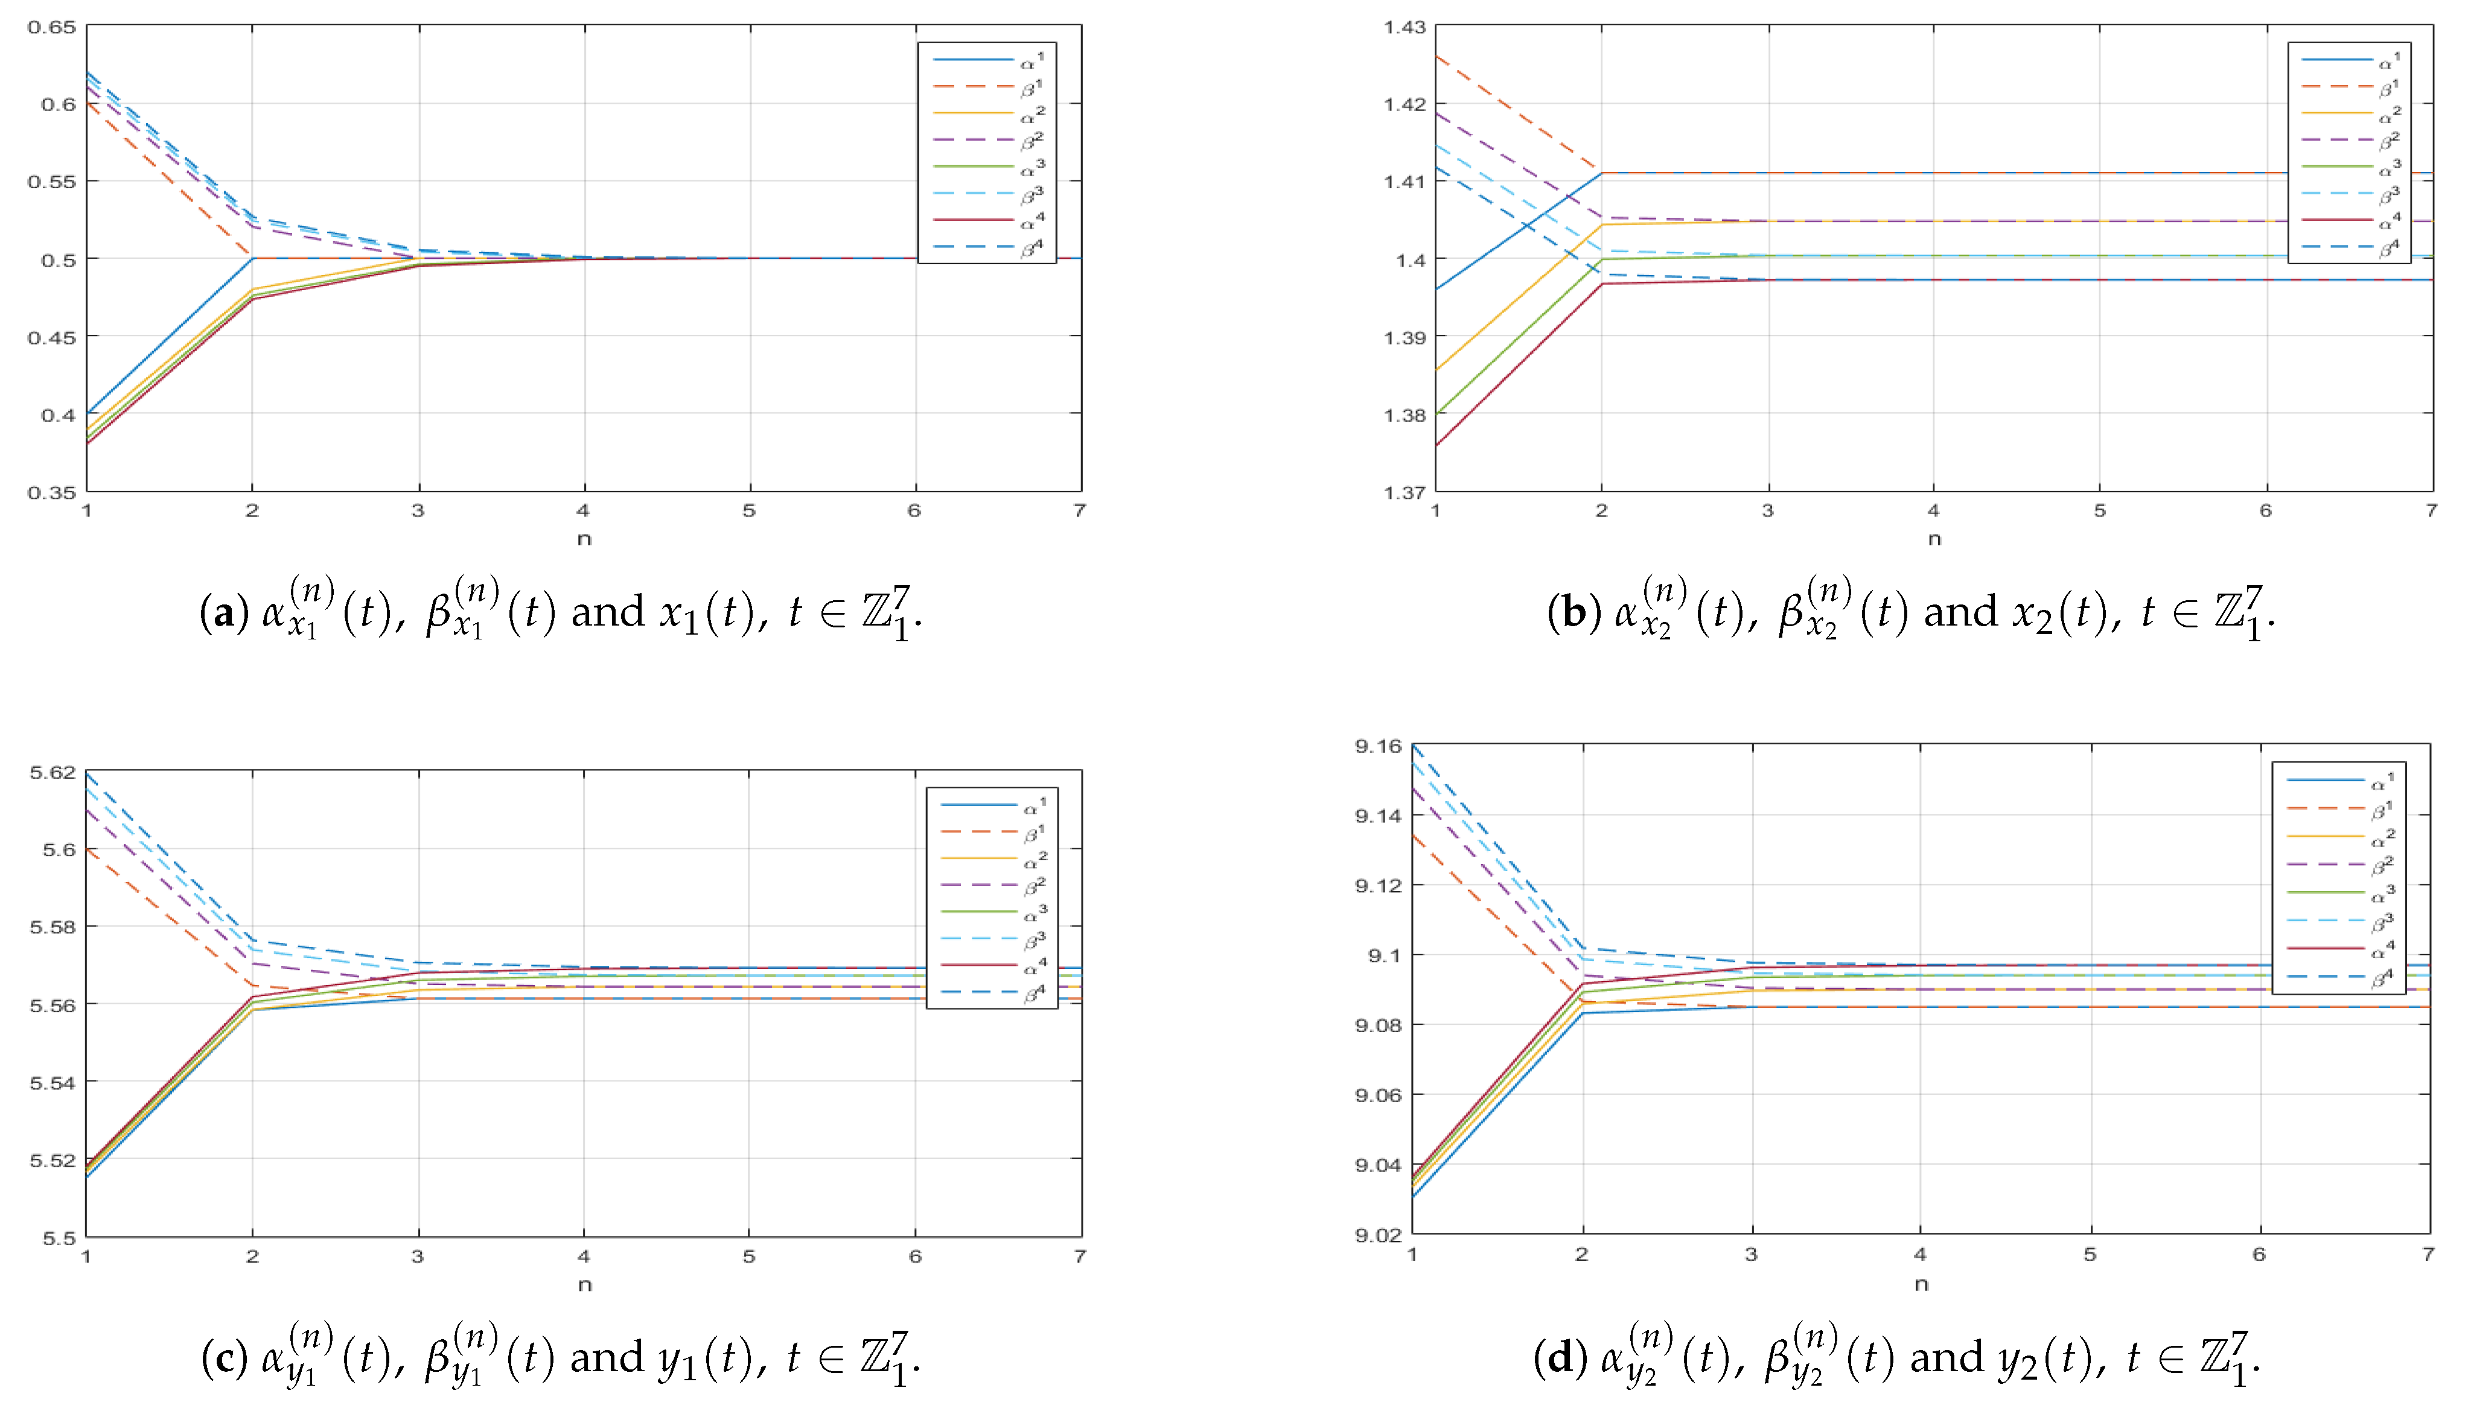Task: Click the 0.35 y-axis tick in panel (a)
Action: pos(51,492)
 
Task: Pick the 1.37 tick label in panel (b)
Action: pos(1405,492)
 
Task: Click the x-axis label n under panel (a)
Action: pos(584,539)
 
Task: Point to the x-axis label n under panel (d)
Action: pos(1921,1284)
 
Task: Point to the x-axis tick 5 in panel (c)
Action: pos(749,1257)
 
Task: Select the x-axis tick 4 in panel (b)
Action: pos(1934,511)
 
